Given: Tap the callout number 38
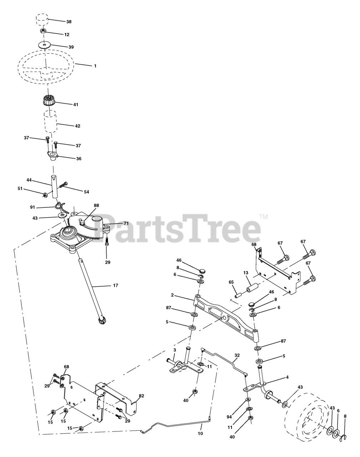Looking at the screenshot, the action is click(69, 22).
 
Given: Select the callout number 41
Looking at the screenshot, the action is click(76, 105).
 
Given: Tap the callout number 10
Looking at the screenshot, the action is click(200, 433).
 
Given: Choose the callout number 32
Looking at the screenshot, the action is click(237, 356).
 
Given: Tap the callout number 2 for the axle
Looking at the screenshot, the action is click(172, 295).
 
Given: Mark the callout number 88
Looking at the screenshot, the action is click(96, 205).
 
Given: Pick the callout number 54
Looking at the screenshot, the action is click(86, 192).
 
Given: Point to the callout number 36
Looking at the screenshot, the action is click(78, 159).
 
